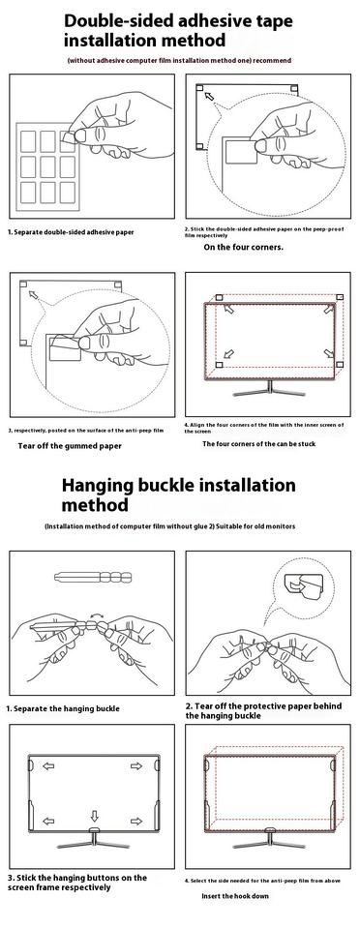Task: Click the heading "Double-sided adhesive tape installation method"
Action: tap(178, 31)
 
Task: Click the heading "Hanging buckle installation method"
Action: tap(178, 494)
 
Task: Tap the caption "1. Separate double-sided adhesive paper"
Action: tap(71, 232)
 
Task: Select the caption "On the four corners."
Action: tap(243, 247)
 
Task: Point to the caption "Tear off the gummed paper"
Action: tap(70, 446)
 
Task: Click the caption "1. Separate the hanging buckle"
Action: tap(63, 708)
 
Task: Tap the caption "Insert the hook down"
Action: tap(235, 896)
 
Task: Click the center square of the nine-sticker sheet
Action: tap(47, 166)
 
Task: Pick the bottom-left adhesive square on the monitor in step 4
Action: tap(219, 364)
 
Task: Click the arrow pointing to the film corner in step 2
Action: tap(208, 97)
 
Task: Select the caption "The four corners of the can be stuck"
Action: tap(258, 444)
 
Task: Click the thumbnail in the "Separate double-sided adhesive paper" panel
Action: tap(80, 135)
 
